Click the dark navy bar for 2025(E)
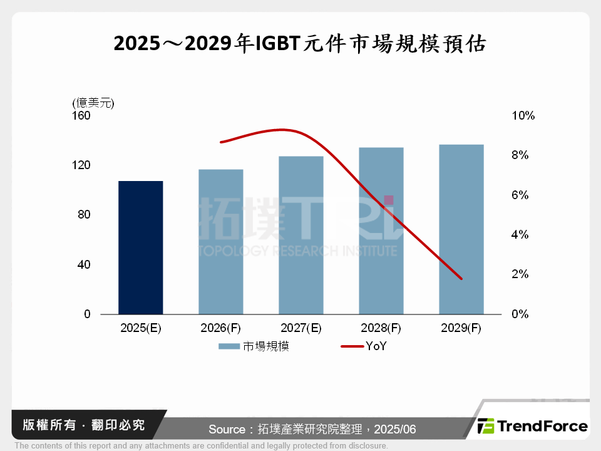pyautogui.click(x=140, y=247)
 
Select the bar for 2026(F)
pyautogui.click(x=220, y=242)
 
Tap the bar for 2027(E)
pyautogui.click(x=300, y=235)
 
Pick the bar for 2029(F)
pyautogui.click(x=461, y=229)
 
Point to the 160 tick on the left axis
pyautogui.click(x=83, y=116)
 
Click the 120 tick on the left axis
pyautogui.click(x=83, y=165)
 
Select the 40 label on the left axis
pyautogui.click(x=85, y=264)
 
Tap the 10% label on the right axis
pyautogui.click(x=523, y=116)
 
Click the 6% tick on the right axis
pyautogui.click(x=520, y=195)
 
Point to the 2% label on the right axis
pyautogui.click(x=520, y=274)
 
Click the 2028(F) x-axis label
pyautogui.click(x=381, y=328)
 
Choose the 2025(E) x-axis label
pyautogui.click(x=140, y=328)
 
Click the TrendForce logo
pyautogui.click(x=533, y=427)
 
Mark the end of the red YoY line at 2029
pyautogui.click(x=461, y=279)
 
